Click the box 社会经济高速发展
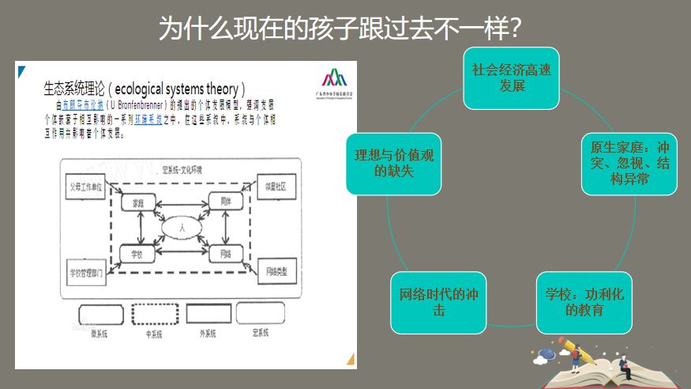coord(512,77)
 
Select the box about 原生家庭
coord(629,164)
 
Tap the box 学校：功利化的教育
coord(584,302)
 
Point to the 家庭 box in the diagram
coord(138,203)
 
